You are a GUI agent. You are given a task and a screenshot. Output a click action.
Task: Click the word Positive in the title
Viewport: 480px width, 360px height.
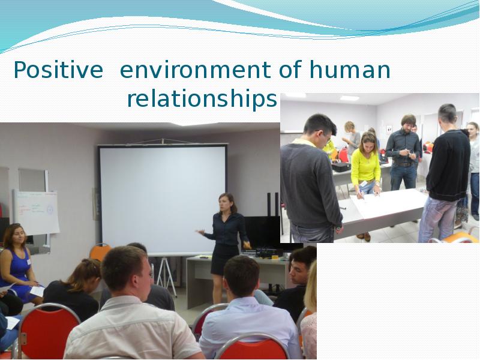58,70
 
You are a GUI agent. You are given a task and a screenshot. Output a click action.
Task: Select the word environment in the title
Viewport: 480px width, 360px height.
196,70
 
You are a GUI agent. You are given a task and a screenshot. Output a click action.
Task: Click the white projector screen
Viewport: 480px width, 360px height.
162,199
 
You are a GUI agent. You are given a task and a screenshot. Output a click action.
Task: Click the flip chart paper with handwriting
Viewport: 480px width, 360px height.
36,212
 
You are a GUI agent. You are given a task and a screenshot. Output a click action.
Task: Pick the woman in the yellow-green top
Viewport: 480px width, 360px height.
365,166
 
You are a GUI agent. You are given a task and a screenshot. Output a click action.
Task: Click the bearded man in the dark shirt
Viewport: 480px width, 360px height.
403,152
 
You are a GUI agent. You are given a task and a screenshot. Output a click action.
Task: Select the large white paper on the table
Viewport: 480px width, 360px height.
387,203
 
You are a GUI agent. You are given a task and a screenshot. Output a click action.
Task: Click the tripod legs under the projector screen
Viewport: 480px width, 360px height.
166,277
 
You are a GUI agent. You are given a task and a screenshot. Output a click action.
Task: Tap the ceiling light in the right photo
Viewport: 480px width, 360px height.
349,98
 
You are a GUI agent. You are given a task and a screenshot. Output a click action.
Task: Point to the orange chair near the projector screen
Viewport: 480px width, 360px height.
100,252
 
